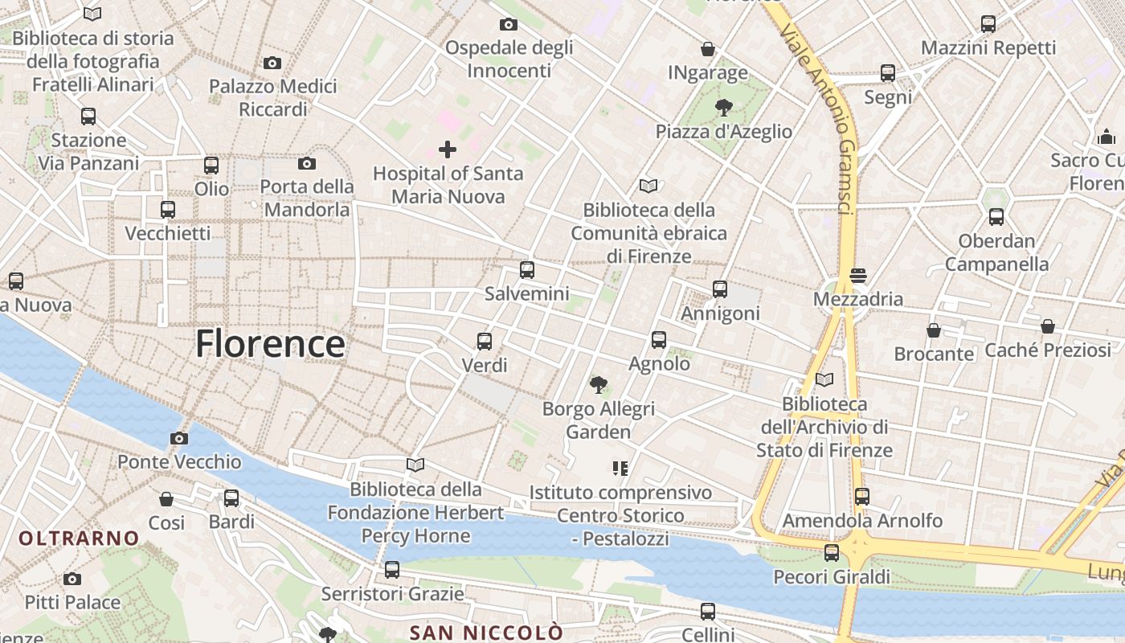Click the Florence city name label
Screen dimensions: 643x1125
(x=270, y=344)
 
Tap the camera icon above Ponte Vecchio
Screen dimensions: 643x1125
(x=178, y=438)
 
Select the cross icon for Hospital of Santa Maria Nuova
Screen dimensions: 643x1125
(x=448, y=149)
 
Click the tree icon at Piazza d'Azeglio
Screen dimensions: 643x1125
(x=723, y=107)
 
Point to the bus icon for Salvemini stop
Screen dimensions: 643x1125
(x=526, y=270)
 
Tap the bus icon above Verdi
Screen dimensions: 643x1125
(x=485, y=341)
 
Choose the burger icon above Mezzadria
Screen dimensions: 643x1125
(x=858, y=276)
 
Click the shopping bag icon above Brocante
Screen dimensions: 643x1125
(x=934, y=330)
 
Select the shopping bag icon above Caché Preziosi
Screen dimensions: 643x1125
(x=1047, y=326)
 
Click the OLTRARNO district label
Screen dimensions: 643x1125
(x=79, y=538)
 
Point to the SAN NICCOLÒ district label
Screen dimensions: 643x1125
(x=486, y=632)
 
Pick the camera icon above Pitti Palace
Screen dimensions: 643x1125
(x=72, y=579)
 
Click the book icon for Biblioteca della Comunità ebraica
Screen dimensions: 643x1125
(x=648, y=186)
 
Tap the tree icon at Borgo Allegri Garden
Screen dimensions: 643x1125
(x=598, y=385)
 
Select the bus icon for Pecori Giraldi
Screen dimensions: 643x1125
(x=832, y=553)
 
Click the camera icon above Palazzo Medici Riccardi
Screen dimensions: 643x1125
(x=272, y=63)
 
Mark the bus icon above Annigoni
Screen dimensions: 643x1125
(x=720, y=289)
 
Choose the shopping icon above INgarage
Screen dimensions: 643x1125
(x=708, y=49)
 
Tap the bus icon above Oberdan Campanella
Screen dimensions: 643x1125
(x=996, y=217)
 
